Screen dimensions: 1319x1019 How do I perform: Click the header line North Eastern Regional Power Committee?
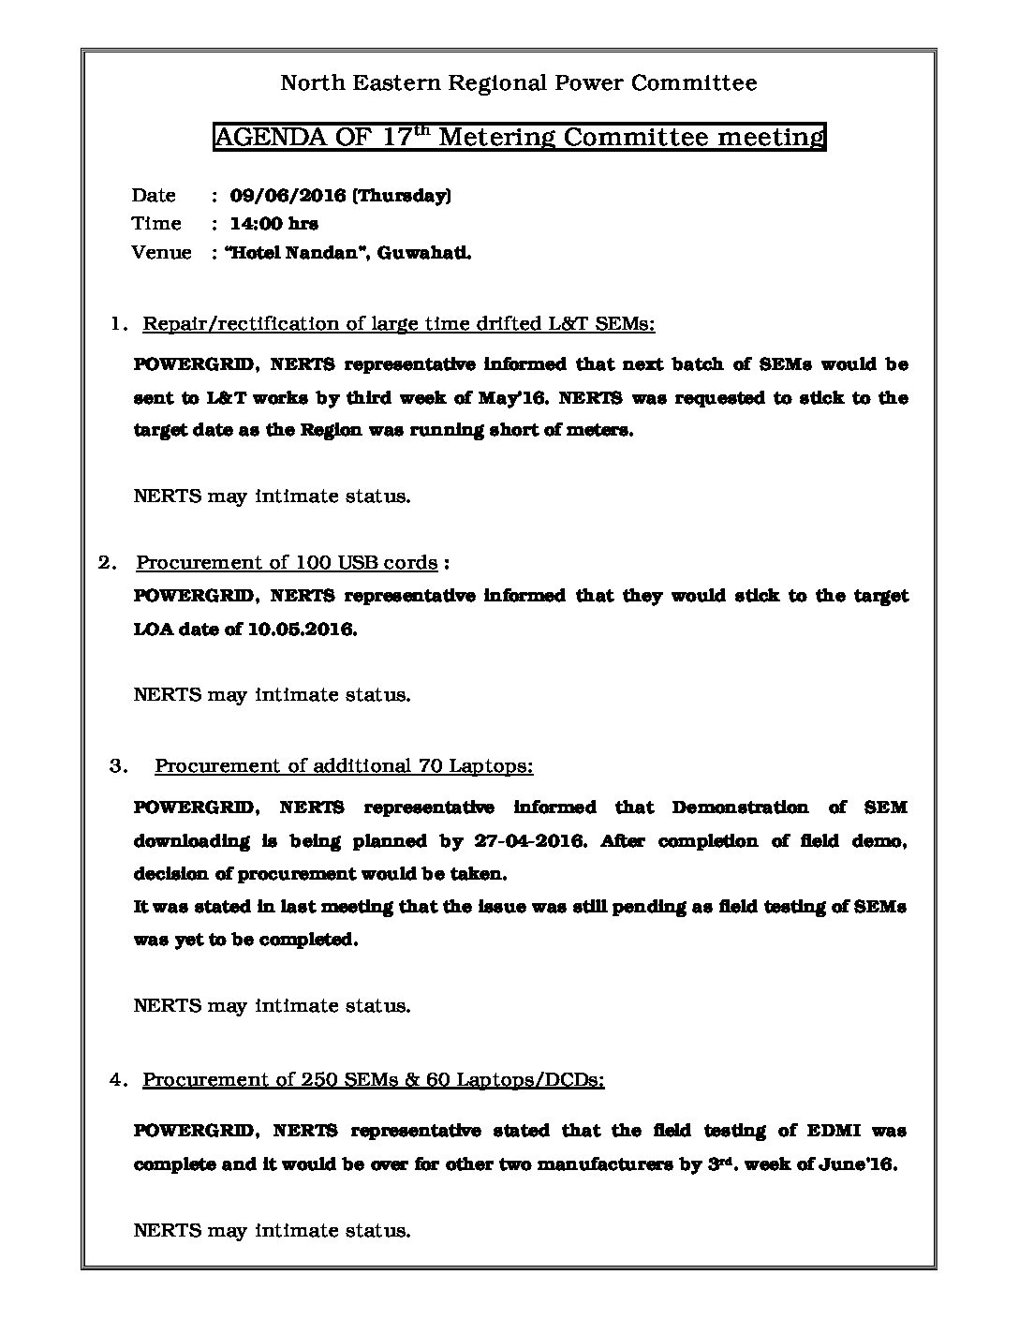(x=519, y=83)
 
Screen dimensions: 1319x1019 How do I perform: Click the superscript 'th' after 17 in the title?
(x=421, y=129)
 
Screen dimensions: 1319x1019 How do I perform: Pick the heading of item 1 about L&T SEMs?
(x=398, y=324)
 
